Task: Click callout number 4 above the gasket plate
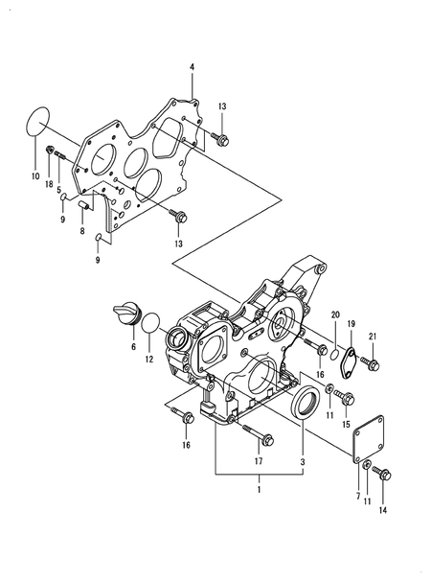coord(191,66)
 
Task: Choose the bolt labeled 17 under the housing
coord(260,437)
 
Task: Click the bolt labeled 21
coord(372,364)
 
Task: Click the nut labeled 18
coord(51,150)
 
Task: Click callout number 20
coord(335,314)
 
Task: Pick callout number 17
coord(257,461)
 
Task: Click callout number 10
coord(35,177)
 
